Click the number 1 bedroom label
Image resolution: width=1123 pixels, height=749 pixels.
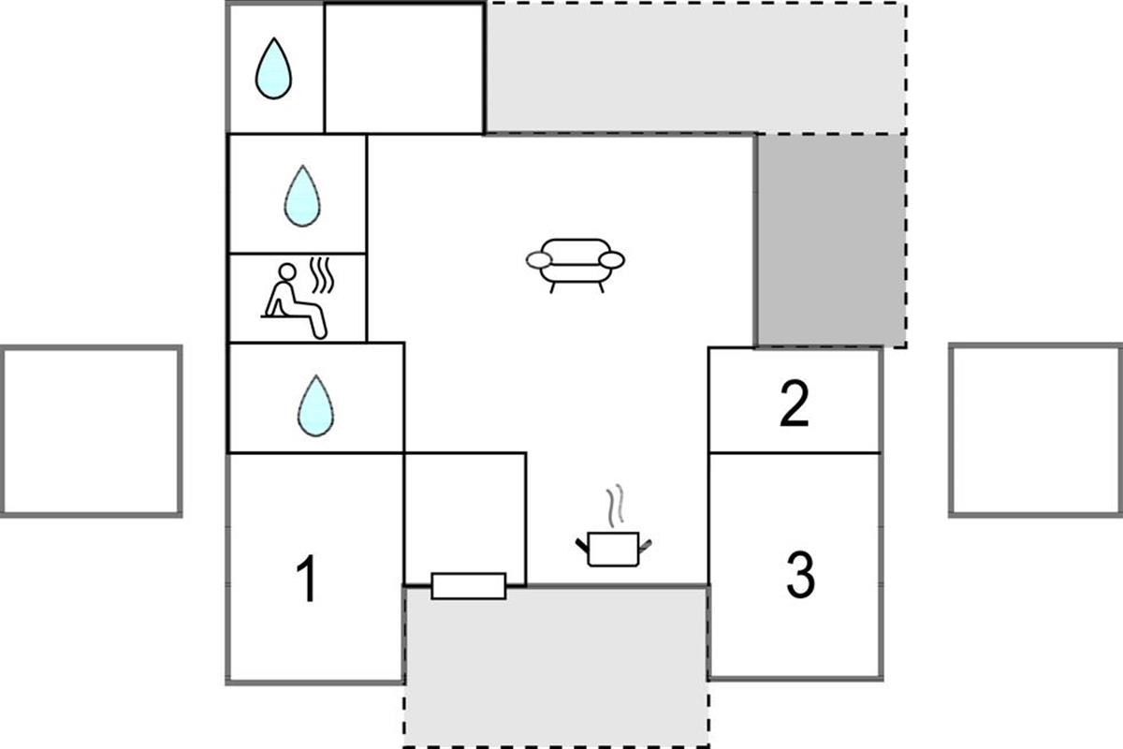coord(306,579)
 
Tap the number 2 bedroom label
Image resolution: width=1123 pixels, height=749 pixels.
coord(795,404)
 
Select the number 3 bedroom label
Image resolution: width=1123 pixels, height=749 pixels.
coord(801,575)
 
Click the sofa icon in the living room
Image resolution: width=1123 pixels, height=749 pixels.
coord(576,265)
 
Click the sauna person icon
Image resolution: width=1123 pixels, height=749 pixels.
coord(294,301)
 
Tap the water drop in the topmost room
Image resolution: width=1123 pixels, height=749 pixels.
coord(273,68)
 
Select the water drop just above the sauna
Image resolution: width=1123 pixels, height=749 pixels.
coord(302,197)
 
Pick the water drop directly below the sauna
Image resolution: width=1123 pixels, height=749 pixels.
coord(316,405)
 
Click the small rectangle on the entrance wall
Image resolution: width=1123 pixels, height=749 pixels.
coord(469,586)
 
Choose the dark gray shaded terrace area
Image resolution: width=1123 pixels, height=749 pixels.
coord(831,241)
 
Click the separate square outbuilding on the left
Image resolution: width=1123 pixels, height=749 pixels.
coord(91,431)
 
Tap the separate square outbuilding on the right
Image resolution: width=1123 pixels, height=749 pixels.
coord(1035,430)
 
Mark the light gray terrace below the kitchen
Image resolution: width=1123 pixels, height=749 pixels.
coord(557,667)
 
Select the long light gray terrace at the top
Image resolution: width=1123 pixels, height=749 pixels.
coord(696,68)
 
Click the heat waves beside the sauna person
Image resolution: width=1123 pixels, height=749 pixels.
coord(322,275)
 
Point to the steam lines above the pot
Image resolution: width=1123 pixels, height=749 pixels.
coord(615,506)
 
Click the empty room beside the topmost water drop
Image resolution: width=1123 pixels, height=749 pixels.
coord(404,68)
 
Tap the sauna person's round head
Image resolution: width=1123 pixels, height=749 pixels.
coord(287,272)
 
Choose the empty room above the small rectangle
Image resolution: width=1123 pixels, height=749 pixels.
coord(465,513)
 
